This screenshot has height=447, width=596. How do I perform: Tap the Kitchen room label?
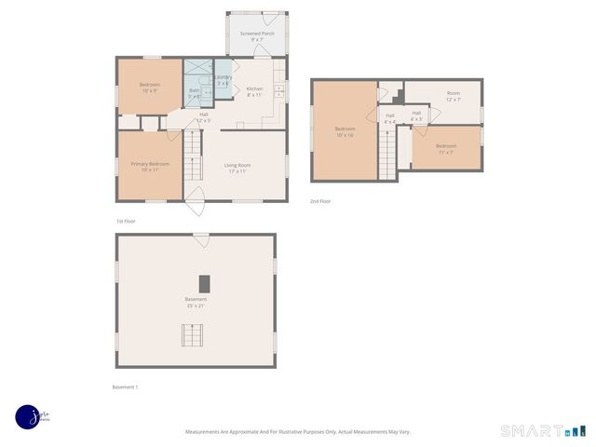click(254, 91)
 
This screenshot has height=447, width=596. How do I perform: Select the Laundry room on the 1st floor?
click(223, 80)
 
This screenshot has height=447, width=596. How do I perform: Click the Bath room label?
click(196, 93)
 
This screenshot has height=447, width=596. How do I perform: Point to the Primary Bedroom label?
click(150, 167)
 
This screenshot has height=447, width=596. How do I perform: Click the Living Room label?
click(237, 168)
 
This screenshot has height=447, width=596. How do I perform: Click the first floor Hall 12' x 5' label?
click(203, 117)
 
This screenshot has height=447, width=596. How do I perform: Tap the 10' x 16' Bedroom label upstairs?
click(345, 132)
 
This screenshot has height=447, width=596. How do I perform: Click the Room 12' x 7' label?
click(453, 96)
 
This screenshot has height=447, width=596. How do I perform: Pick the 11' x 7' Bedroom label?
click(445, 149)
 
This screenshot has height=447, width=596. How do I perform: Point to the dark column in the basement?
click(204, 284)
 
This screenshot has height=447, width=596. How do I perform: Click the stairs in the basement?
click(195, 335)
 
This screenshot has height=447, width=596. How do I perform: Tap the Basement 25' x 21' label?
click(196, 302)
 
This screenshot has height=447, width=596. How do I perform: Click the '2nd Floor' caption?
click(320, 201)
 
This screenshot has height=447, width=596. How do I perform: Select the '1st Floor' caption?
click(126, 221)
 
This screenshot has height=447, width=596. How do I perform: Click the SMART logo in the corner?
click(544, 430)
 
